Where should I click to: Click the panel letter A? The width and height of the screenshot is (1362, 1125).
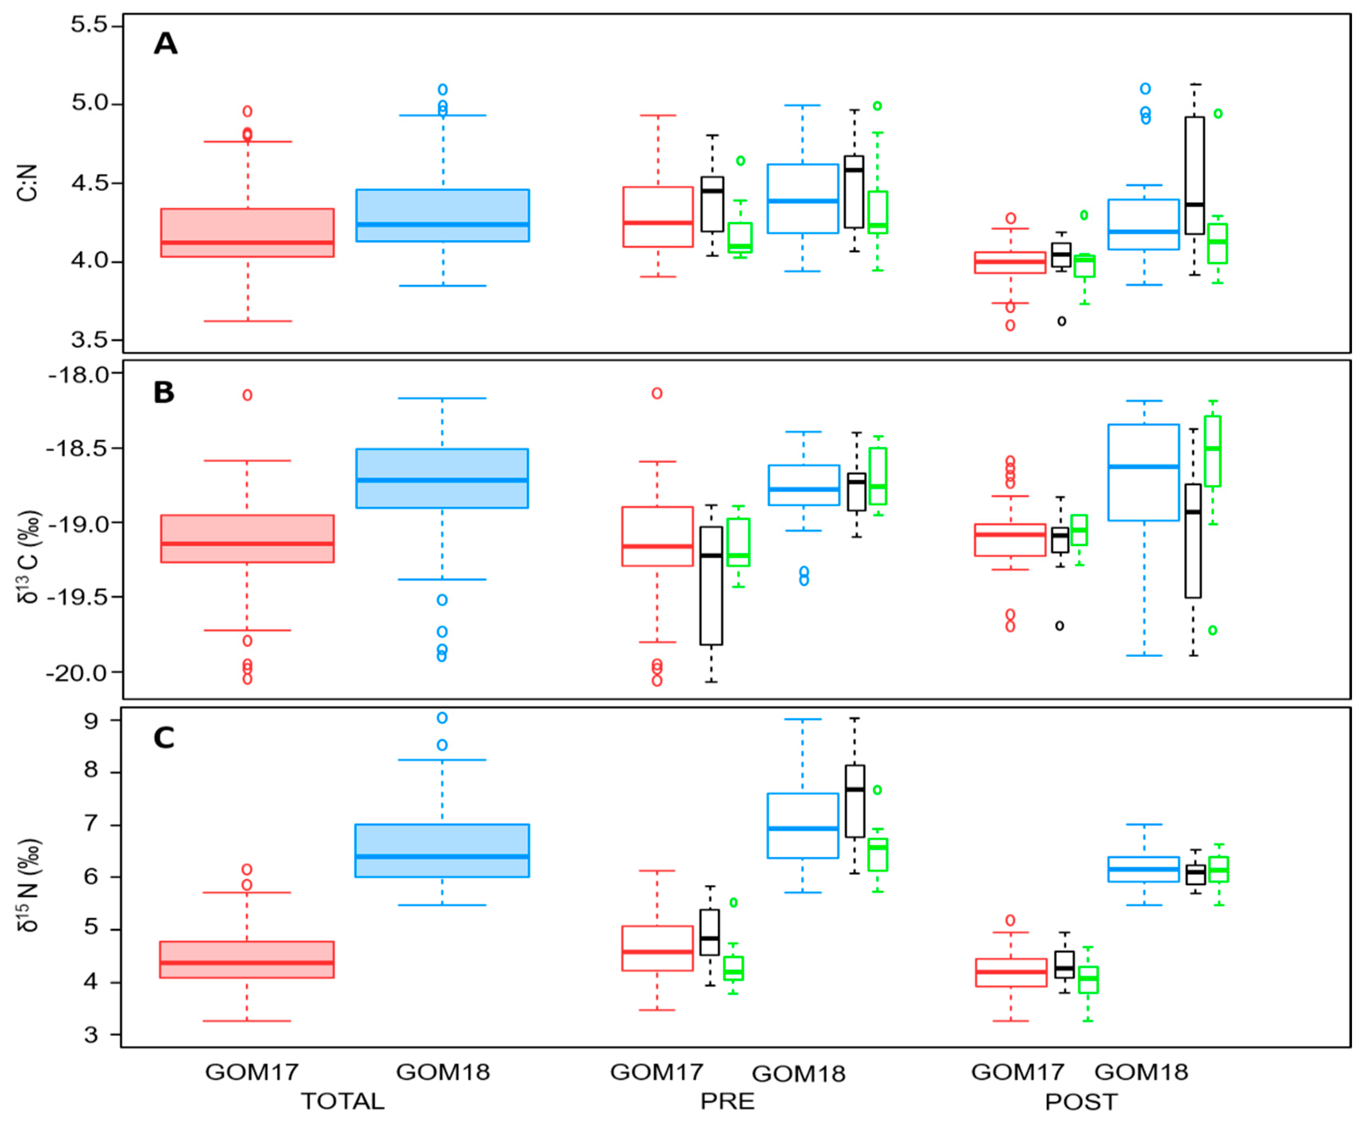pyautogui.click(x=165, y=44)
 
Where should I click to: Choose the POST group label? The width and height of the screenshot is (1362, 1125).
pyautogui.click(x=1081, y=1102)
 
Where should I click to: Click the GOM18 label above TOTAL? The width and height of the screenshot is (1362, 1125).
pyautogui.click(x=443, y=1072)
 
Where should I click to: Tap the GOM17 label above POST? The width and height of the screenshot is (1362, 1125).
pyautogui.click(x=1018, y=1072)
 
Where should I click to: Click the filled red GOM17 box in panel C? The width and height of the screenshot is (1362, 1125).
pyautogui.click(x=247, y=960)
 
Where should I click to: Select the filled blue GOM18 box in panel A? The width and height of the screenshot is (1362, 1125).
pyautogui.click(x=443, y=215)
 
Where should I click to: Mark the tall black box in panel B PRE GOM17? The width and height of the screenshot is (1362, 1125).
pyautogui.click(x=711, y=586)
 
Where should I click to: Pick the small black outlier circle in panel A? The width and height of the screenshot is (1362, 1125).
pyautogui.click(x=1062, y=321)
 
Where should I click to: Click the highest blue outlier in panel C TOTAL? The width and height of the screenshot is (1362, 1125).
pyautogui.click(x=442, y=718)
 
